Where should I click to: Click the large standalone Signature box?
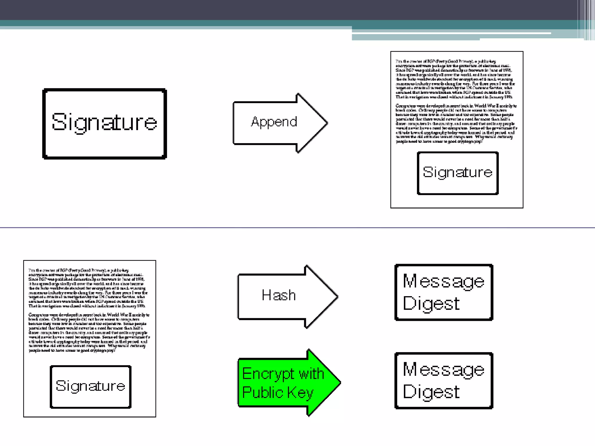pyautogui.click(x=105, y=124)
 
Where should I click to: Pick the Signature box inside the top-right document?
pyautogui.click(x=458, y=173)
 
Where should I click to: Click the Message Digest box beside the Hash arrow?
pyautogui.click(x=444, y=292)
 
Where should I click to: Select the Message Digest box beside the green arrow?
pyautogui.click(x=444, y=380)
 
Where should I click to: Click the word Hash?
pyautogui.click(x=279, y=295)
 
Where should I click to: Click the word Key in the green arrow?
pyautogui.click(x=300, y=393)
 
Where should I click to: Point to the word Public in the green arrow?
pyautogui.click(x=263, y=393)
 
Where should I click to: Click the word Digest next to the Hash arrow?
pyautogui.click(x=431, y=304)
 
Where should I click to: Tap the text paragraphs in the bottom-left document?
pyautogui.click(x=89, y=310)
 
